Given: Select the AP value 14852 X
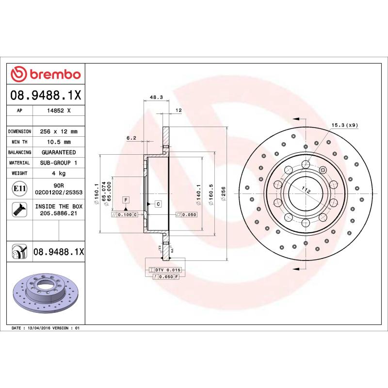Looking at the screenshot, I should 58,111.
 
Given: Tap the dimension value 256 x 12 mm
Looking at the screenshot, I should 58,131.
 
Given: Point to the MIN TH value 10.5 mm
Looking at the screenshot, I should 58,142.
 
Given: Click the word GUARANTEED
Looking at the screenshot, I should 58,152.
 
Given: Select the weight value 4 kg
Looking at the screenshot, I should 58,173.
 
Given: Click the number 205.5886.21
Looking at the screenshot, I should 58,213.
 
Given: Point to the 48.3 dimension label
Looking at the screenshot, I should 156,97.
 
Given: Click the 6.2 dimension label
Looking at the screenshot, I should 131,138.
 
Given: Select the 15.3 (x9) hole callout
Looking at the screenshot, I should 344,126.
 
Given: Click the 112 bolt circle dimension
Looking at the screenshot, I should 306,191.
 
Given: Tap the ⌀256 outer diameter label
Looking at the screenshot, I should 224,193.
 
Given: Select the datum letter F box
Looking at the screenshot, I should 126,200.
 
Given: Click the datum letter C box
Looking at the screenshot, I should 158,204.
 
